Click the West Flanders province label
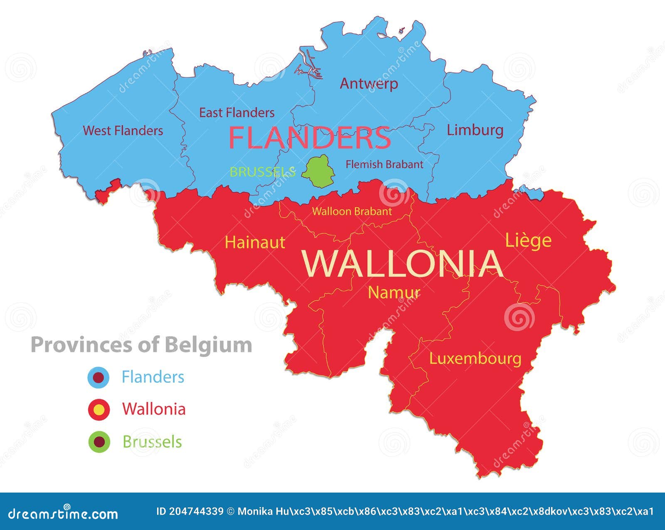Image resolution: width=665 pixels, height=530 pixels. click(x=123, y=131)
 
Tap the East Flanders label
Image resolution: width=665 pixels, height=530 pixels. click(x=236, y=113)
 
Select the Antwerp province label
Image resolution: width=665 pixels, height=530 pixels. click(x=369, y=84)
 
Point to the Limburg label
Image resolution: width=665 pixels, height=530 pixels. click(x=475, y=130)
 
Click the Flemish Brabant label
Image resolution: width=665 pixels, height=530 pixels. click(x=384, y=164)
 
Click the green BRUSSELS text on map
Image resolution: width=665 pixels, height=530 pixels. click(x=262, y=172)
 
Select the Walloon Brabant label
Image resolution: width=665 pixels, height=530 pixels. click(x=352, y=211)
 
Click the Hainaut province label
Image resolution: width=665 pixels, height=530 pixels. click(x=255, y=243)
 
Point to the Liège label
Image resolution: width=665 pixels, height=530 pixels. click(x=528, y=240)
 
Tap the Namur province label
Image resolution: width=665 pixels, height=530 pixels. click(x=394, y=292)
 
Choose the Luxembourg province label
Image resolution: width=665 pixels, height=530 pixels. click(x=475, y=359)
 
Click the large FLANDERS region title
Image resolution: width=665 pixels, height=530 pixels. click(x=309, y=138)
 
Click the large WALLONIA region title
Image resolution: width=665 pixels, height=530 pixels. click(x=403, y=264)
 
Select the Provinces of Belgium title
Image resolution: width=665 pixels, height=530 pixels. click(x=141, y=345)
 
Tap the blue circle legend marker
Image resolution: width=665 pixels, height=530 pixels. click(x=99, y=378)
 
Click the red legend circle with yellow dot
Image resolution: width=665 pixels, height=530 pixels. click(x=99, y=410)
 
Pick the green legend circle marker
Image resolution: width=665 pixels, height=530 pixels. click(x=99, y=442)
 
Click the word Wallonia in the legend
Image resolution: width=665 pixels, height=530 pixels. click(x=154, y=409)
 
